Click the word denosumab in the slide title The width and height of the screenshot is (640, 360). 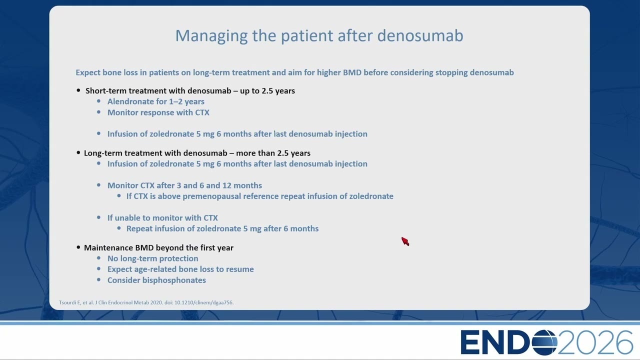click(x=420, y=35)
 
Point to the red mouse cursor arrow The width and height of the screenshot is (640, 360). click(x=405, y=241)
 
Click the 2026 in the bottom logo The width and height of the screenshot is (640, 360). click(x=595, y=342)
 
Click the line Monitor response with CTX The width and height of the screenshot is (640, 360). click(x=158, y=112)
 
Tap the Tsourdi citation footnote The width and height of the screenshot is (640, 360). click(x=146, y=302)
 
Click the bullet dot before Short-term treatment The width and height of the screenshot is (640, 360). click(x=78, y=90)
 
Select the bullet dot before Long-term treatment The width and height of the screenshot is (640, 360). click(x=78, y=153)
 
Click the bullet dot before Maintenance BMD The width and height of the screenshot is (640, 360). click(x=78, y=247)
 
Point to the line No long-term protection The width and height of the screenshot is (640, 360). click(x=152, y=258)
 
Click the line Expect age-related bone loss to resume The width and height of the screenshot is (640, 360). click(x=180, y=269)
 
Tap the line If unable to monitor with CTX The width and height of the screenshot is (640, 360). click(x=162, y=217)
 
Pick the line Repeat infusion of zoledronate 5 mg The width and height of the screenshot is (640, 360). click(x=222, y=228)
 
